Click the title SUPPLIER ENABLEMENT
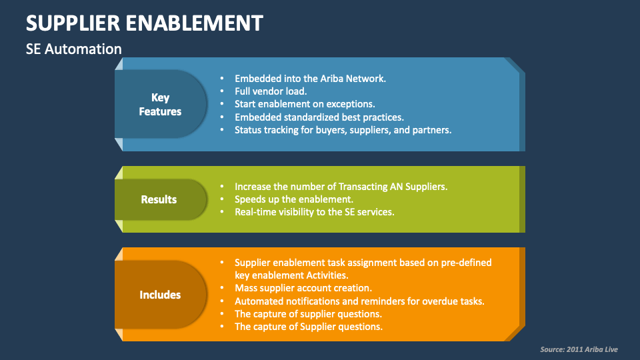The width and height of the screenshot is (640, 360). point(144,23)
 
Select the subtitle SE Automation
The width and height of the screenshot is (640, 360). point(74,49)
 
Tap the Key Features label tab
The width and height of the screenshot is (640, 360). point(160,105)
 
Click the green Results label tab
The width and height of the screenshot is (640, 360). point(159,199)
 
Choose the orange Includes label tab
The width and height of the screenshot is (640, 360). point(160,295)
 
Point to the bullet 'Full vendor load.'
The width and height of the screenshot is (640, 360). point(270,91)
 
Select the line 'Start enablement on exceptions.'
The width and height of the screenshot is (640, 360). point(305,104)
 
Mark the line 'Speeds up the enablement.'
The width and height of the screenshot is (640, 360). point(293,199)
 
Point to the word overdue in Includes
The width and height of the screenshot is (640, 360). point(440,301)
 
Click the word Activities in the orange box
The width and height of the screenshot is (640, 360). point(326,275)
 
